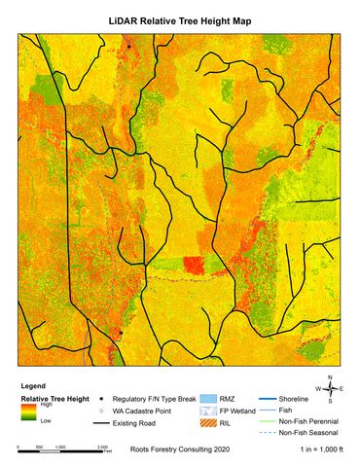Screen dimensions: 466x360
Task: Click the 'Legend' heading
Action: [x=33, y=385]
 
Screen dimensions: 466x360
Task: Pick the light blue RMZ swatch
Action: [x=205, y=399]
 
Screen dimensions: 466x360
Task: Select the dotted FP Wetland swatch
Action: [x=205, y=412]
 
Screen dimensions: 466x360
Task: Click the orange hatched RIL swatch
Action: [x=205, y=424]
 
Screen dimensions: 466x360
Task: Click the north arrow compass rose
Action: [x=330, y=389]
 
